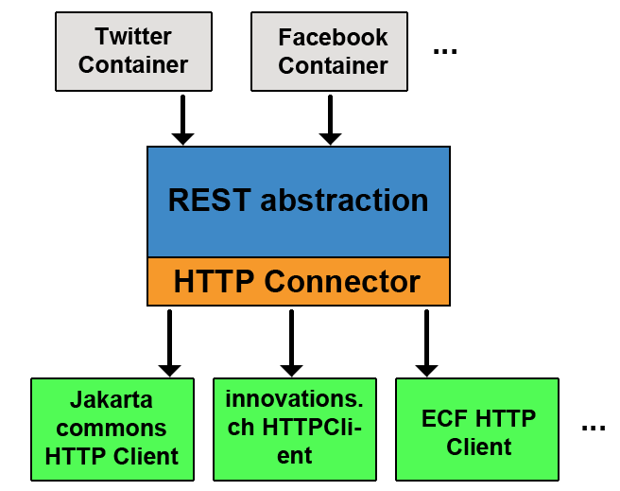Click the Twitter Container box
[x=133, y=51]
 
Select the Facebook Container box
[x=329, y=51]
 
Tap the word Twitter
[x=133, y=36]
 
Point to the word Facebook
[x=333, y=37]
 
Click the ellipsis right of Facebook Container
[x=445, y=51]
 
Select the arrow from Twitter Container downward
[x=182, y=120]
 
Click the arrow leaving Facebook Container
[x=330, y=120]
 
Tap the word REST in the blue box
[x=210, y=200]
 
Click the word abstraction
[x=344, y=200]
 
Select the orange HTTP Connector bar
[x=299, y=282]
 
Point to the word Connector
[x=342, y=282]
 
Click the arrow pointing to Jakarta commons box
[x=169, y=343]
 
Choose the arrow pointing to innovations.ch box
[x=291, y=343]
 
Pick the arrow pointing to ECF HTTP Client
[x=426, y=343]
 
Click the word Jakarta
[x=112, y=399]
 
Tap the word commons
[x=112, y=429]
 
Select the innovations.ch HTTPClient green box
[x=295, y=430]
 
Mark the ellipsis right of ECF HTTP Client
[x=594, y=428]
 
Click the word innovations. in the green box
[x=294, y=399]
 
